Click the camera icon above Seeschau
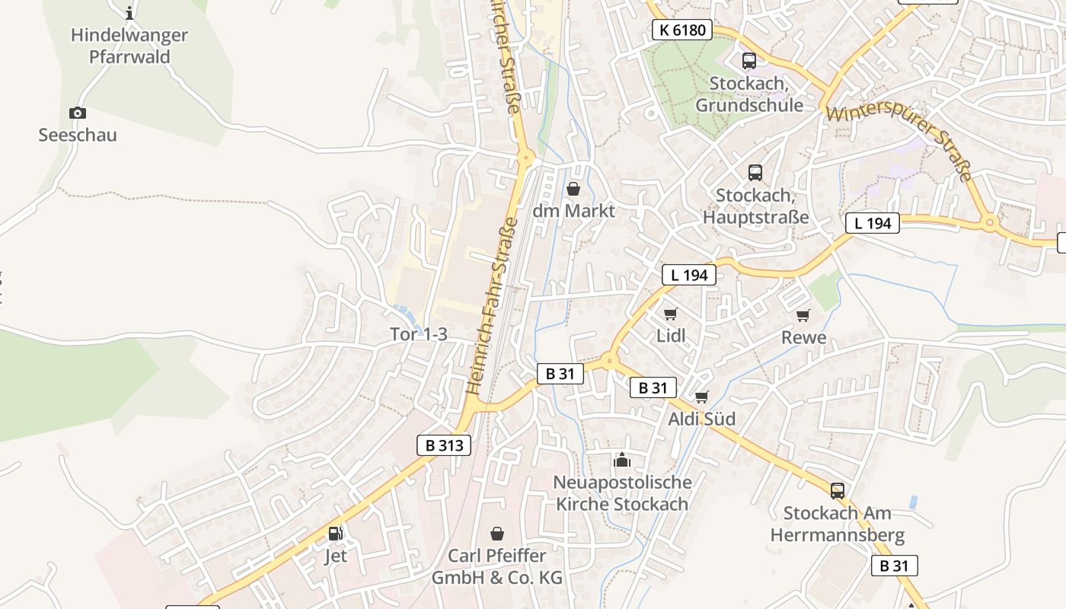77,113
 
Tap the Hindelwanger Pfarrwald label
129,46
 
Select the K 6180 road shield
682,30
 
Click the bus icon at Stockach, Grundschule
748,61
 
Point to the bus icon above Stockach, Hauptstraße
755,173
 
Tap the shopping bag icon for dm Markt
573,189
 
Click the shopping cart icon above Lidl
671,314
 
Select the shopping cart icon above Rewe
803,315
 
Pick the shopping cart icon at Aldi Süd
702,397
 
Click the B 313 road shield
444,445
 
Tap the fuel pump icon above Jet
335,534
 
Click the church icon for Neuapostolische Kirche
622,460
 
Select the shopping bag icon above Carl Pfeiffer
497,534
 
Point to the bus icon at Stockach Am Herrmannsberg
838,491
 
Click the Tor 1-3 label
418,334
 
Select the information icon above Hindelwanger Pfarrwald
129,12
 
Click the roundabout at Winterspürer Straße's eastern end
990,223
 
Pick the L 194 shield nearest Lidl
689,275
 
